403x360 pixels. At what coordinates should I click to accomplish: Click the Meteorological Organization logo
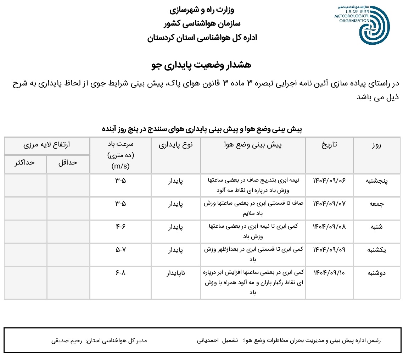click(x=362, y=24)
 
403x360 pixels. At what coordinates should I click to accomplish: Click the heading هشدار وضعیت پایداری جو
click(x=201, y=64)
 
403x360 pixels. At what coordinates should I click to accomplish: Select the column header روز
click(x=377, y=145)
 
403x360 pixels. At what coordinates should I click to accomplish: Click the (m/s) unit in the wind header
click(x=121, y=166)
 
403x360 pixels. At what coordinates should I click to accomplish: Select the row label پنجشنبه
click(x=377, y=181)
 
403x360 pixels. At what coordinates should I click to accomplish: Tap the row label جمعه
click(x=377, y=204)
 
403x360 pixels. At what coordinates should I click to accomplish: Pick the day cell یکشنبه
click(x=377, y=250)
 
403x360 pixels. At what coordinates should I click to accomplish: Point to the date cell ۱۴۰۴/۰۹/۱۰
click(x=329, y=273)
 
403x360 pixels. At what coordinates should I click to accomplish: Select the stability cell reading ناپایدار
click(x=176, y=273)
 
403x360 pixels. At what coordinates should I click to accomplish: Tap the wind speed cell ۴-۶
click(x=121, y=227)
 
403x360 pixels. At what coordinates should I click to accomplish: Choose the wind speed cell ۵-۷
click(x=121, y=250)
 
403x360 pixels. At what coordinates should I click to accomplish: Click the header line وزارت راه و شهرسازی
click(x=202, y=10)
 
